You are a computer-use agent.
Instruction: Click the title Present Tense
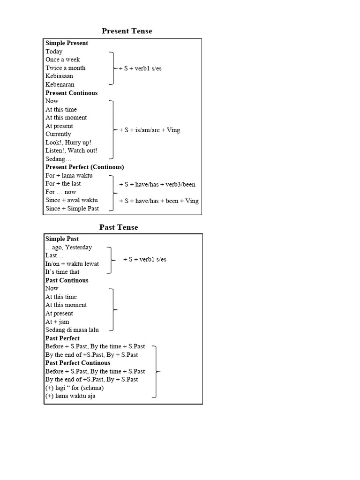pyautogui.click(x=127, y=31)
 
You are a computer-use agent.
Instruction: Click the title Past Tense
pyautogui.click(x=119, y=227)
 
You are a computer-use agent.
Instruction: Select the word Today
pyautogui.click(x=54, y=52)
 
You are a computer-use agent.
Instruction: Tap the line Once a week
pyautogui.click(x=63, y=60)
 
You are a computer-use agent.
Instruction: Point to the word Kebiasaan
pyautogui.click(x=59, y=76)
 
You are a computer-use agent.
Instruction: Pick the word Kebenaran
pyautogui.click(x=60, y=84)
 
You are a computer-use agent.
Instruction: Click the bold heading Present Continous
pyautogui.click(x=72, y=93)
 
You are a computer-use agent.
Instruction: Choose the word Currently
pyautogui.click(x=58, y=134)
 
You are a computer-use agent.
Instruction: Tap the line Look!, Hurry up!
pyautogui.click(x=68, y=142)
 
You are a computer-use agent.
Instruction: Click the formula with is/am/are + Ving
pyautogui.click(x=150, y=130)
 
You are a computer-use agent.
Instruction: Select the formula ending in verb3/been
pyautogui.click(x=157, y=184)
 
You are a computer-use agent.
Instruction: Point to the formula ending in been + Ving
pyautogui.click(x=159, y=201)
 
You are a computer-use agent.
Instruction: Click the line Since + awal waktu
pyautogui.click(x=72, y=200)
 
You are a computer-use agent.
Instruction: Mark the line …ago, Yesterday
pyautogui.click(x=69, y=247)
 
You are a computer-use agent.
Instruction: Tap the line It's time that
pyautogui.click(x=62, y=272)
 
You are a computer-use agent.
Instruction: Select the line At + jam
pyautogui.click(x=57, y=322)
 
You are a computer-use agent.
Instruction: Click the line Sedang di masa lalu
pyautogui.click(x=72, y=330)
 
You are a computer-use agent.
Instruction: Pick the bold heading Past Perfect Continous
pyautogui.click(x=78, y=363)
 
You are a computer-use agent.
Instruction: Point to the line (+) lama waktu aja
pyautogui.click(x=70, y=396)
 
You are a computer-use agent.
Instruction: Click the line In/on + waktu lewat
pyautogui.click(x=72, y=264)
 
